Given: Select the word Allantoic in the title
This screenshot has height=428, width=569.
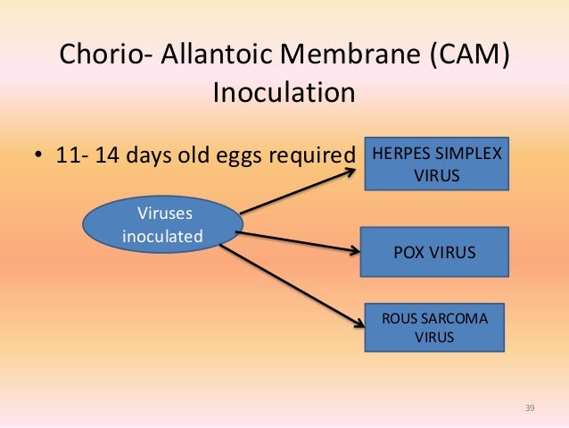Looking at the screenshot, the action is [215, 55].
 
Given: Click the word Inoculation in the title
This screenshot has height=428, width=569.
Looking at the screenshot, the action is [284, 93].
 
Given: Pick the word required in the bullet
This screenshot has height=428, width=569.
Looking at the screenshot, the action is [312, 156].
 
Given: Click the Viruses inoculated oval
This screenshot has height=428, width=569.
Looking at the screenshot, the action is [161, 226].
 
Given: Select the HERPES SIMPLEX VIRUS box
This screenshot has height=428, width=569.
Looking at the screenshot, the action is [437, 164].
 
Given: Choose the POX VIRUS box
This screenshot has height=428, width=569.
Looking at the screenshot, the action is [434, 252].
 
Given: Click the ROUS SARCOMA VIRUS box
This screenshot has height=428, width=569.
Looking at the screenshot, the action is [436, 327].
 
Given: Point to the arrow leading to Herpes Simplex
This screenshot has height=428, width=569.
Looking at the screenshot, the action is [299, 191].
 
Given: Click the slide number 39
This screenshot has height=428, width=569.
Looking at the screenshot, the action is [530, 408].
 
